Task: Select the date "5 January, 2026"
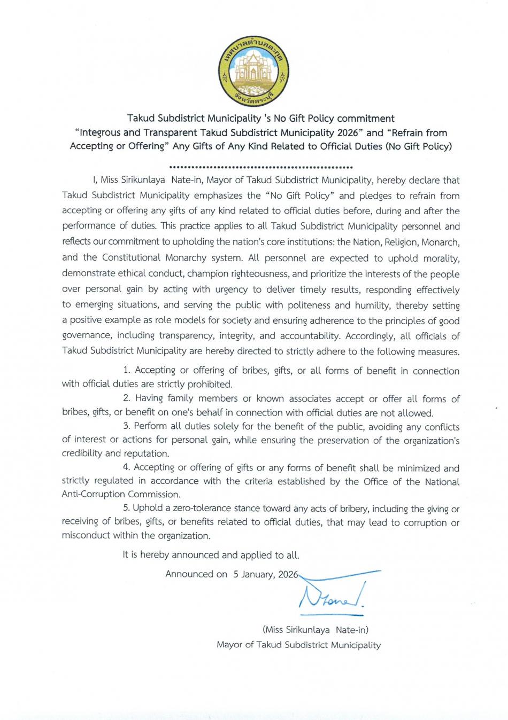point(265,574)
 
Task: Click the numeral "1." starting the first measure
point(127,370)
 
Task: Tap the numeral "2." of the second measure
point(127,398)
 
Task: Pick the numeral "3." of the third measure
point(127,426)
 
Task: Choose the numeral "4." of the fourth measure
point(127,467)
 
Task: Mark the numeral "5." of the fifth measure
point(127,508)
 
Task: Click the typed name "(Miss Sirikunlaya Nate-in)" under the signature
point(315,630)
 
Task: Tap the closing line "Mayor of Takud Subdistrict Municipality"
point(298,645)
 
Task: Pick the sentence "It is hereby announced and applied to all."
point(211,554)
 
